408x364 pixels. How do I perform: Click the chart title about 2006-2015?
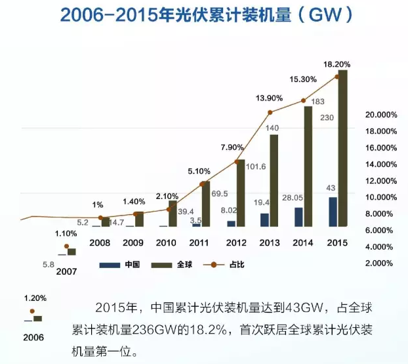click(x=204, y=14)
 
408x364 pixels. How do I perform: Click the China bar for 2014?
click(x=298, y=217)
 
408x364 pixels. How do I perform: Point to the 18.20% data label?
click(x=337, y=64)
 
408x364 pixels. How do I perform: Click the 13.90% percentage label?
click(x=269, y=98)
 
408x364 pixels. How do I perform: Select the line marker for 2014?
click(x=304, y=101)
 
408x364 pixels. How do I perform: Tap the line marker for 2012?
click(x=236, y=162)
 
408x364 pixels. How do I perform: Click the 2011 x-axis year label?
click(x=199, y=242)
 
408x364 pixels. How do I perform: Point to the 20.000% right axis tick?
click(x=380, y=114)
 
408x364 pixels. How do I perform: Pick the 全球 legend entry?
click(x=170, y=265)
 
